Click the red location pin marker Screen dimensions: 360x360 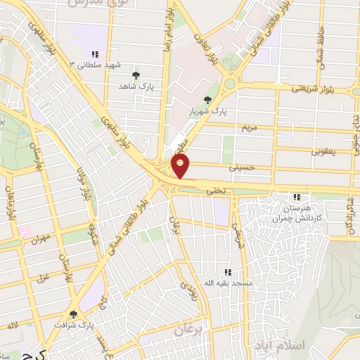pyautogui.click(x=181, y=166)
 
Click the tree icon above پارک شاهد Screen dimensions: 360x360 pyautogui.click(x=136, y=75)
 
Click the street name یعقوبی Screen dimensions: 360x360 pyautogui.click(x=324, y=150)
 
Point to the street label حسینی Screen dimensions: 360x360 pyautogui.click(x=239, y=169)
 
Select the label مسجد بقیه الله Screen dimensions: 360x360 pyautogui.click(x=226, y=283)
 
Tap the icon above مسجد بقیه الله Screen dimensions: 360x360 pyautogui.click(x=226, y=272)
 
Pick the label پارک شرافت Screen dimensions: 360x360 pyautogui.click(x=73, y=326)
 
